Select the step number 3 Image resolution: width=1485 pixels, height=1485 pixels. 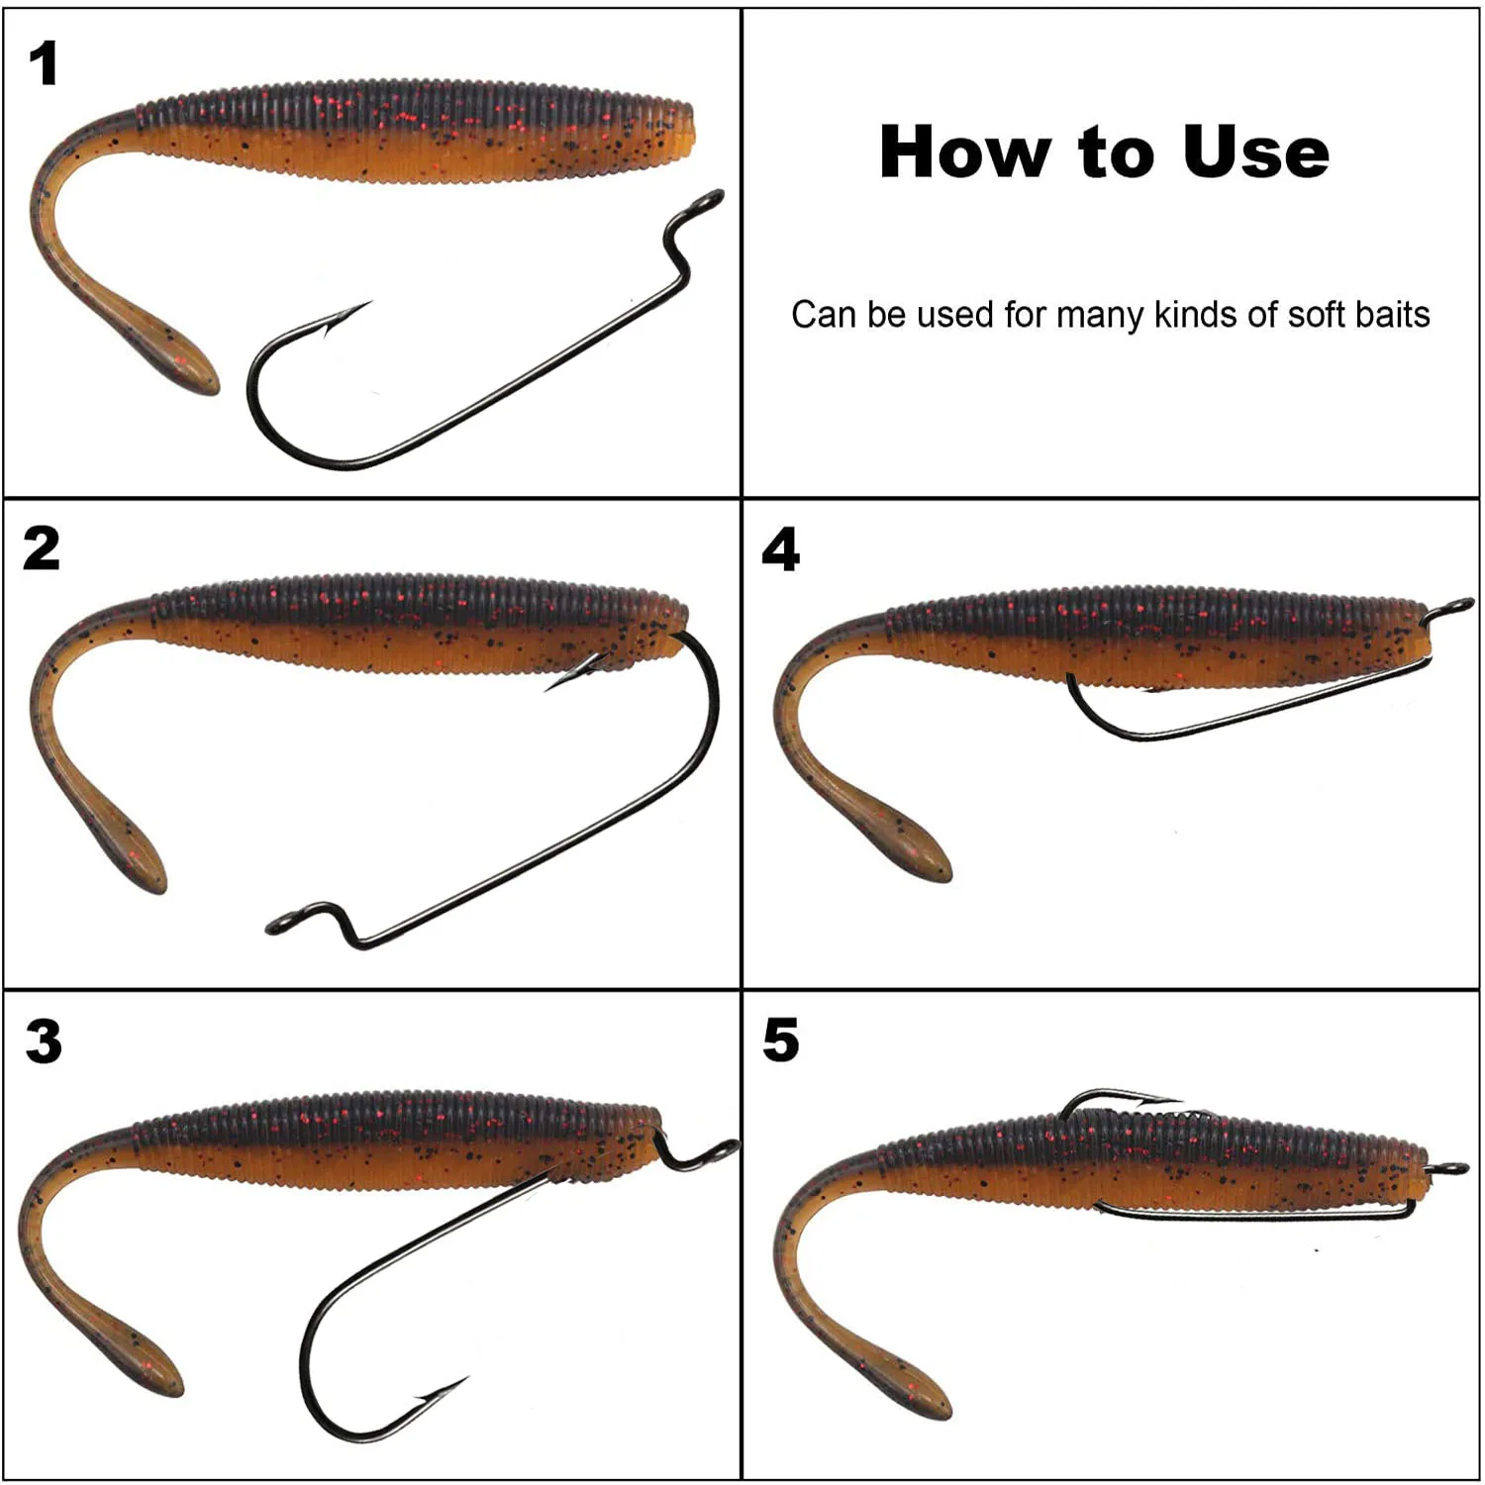44,1041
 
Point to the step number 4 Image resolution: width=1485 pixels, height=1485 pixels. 780,549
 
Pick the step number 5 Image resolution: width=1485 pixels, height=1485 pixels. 780,1040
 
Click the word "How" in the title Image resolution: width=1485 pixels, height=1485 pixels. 966,152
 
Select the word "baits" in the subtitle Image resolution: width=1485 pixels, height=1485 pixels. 1393,315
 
